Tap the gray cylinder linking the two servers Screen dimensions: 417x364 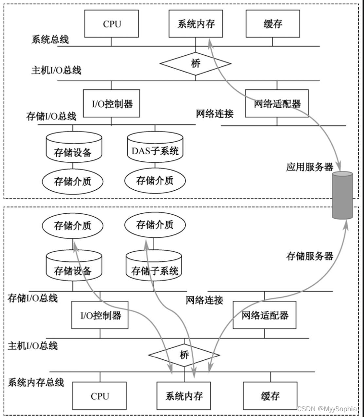(x=342, y=194)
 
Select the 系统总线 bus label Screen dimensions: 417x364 (x=50, y=39)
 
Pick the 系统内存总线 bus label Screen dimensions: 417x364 (x=36, y=382)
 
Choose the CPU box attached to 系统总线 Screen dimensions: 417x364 (x=112, y=24)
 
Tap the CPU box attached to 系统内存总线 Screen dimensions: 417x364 (x=99, y=396)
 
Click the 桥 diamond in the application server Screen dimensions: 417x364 (x=195, y=63)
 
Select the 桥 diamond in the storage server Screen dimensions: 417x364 (x=184, y=355)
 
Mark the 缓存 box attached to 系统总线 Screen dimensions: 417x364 (x=272, y=24)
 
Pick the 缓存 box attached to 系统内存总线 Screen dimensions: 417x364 (x=270, y=396)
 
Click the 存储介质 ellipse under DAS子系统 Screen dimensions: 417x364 (x=155, y=181)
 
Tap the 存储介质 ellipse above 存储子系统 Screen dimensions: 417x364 (x=155, y=225)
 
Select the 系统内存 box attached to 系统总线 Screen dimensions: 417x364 (x=196, y=24)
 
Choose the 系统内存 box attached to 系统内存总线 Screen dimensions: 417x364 (x=184, y=396)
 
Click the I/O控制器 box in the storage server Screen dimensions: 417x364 (x=100, y=315)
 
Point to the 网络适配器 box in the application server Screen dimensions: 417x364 (x=273, y=103)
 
